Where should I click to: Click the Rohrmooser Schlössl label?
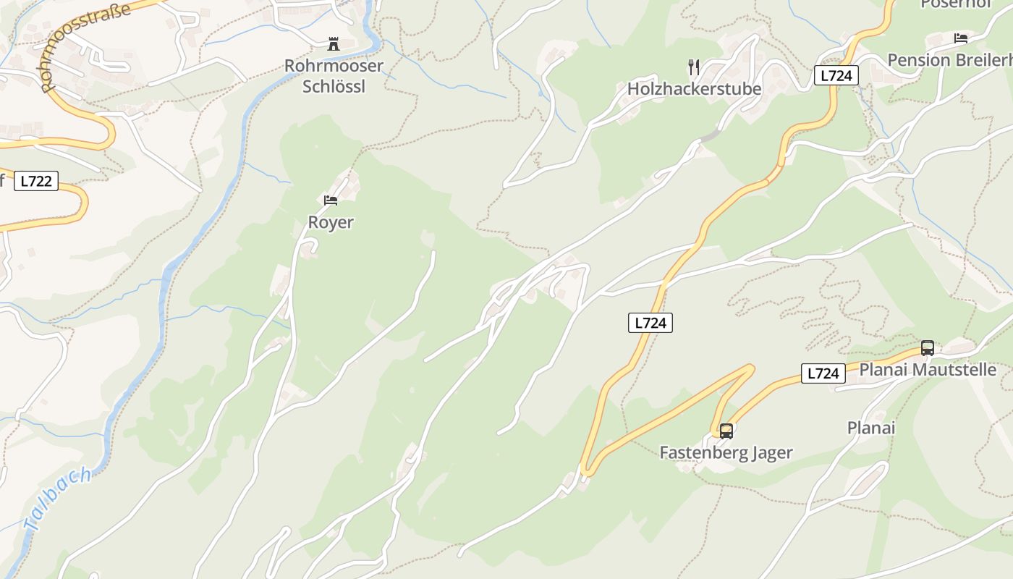[334, 76]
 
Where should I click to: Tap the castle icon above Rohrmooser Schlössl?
[334, 44]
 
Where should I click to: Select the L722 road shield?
[35, 181]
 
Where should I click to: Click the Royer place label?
[331, 222]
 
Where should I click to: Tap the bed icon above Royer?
[331, 200]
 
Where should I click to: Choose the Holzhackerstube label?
[694, 89]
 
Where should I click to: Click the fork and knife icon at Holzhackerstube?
[694, 67]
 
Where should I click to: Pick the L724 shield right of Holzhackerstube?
[836, 75]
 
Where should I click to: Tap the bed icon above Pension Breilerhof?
[961, 38]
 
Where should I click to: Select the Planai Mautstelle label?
[928, 370]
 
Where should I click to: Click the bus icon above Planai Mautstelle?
[928, 347]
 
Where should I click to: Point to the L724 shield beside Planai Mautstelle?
[823, 373]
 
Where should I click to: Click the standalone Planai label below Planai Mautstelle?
[871, 428]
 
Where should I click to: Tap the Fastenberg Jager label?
[726, 453]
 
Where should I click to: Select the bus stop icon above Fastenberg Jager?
[726, 431]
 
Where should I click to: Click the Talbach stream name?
[57, 499]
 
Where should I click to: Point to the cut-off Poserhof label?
[954, 4]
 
